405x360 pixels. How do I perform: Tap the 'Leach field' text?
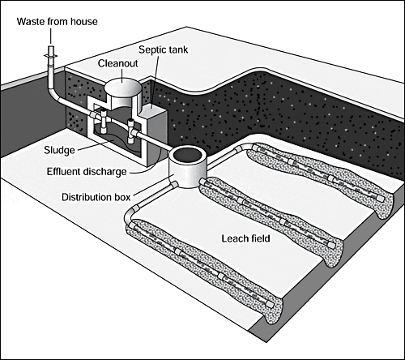point(249,239)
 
